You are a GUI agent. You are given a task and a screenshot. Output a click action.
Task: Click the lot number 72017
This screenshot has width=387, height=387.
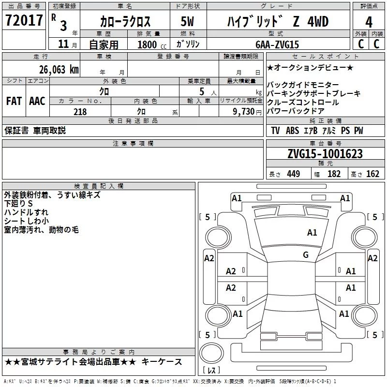pos(24,20)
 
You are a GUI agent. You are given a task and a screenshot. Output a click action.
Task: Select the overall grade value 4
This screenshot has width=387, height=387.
pos(369,22)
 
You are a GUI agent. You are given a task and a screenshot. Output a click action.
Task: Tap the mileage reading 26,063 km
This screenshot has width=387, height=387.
pos(59,70)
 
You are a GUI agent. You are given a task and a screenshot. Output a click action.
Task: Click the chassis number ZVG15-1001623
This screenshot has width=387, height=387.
pos(325,154)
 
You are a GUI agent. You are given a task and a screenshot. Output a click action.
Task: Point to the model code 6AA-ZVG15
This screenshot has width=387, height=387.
pos(277,45)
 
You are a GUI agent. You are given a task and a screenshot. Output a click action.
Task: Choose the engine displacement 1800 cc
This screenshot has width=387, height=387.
pos(152,45)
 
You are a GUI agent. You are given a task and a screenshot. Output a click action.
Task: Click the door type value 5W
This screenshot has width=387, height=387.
pos(187,21)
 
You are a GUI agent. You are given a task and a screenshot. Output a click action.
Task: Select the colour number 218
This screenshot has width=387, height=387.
pos(80,112)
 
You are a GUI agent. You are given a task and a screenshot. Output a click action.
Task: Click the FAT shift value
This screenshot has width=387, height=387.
pos(14,101)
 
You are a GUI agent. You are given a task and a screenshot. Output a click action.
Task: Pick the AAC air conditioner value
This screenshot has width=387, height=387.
pos(37,101)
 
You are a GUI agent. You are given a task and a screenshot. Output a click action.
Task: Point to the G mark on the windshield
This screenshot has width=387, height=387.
pos(306,255)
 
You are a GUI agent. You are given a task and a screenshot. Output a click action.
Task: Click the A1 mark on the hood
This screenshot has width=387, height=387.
pos(312,233)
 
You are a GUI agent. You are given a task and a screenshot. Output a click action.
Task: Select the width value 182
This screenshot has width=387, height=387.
pos(334,174)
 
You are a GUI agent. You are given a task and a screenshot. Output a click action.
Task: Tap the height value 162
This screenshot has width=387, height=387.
pos(372,174)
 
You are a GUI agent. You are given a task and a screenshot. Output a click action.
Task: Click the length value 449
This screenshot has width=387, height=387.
pos(294,174)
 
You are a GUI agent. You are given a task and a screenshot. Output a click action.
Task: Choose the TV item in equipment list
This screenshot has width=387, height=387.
pos(275,131)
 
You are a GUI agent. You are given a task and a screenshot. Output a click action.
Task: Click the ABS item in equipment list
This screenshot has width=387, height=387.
pos(293,131)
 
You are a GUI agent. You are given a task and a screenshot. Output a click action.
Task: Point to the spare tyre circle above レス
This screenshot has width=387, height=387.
pos(211,353)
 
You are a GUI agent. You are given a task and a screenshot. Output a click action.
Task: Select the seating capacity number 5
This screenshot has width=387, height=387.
pos(202,91)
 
